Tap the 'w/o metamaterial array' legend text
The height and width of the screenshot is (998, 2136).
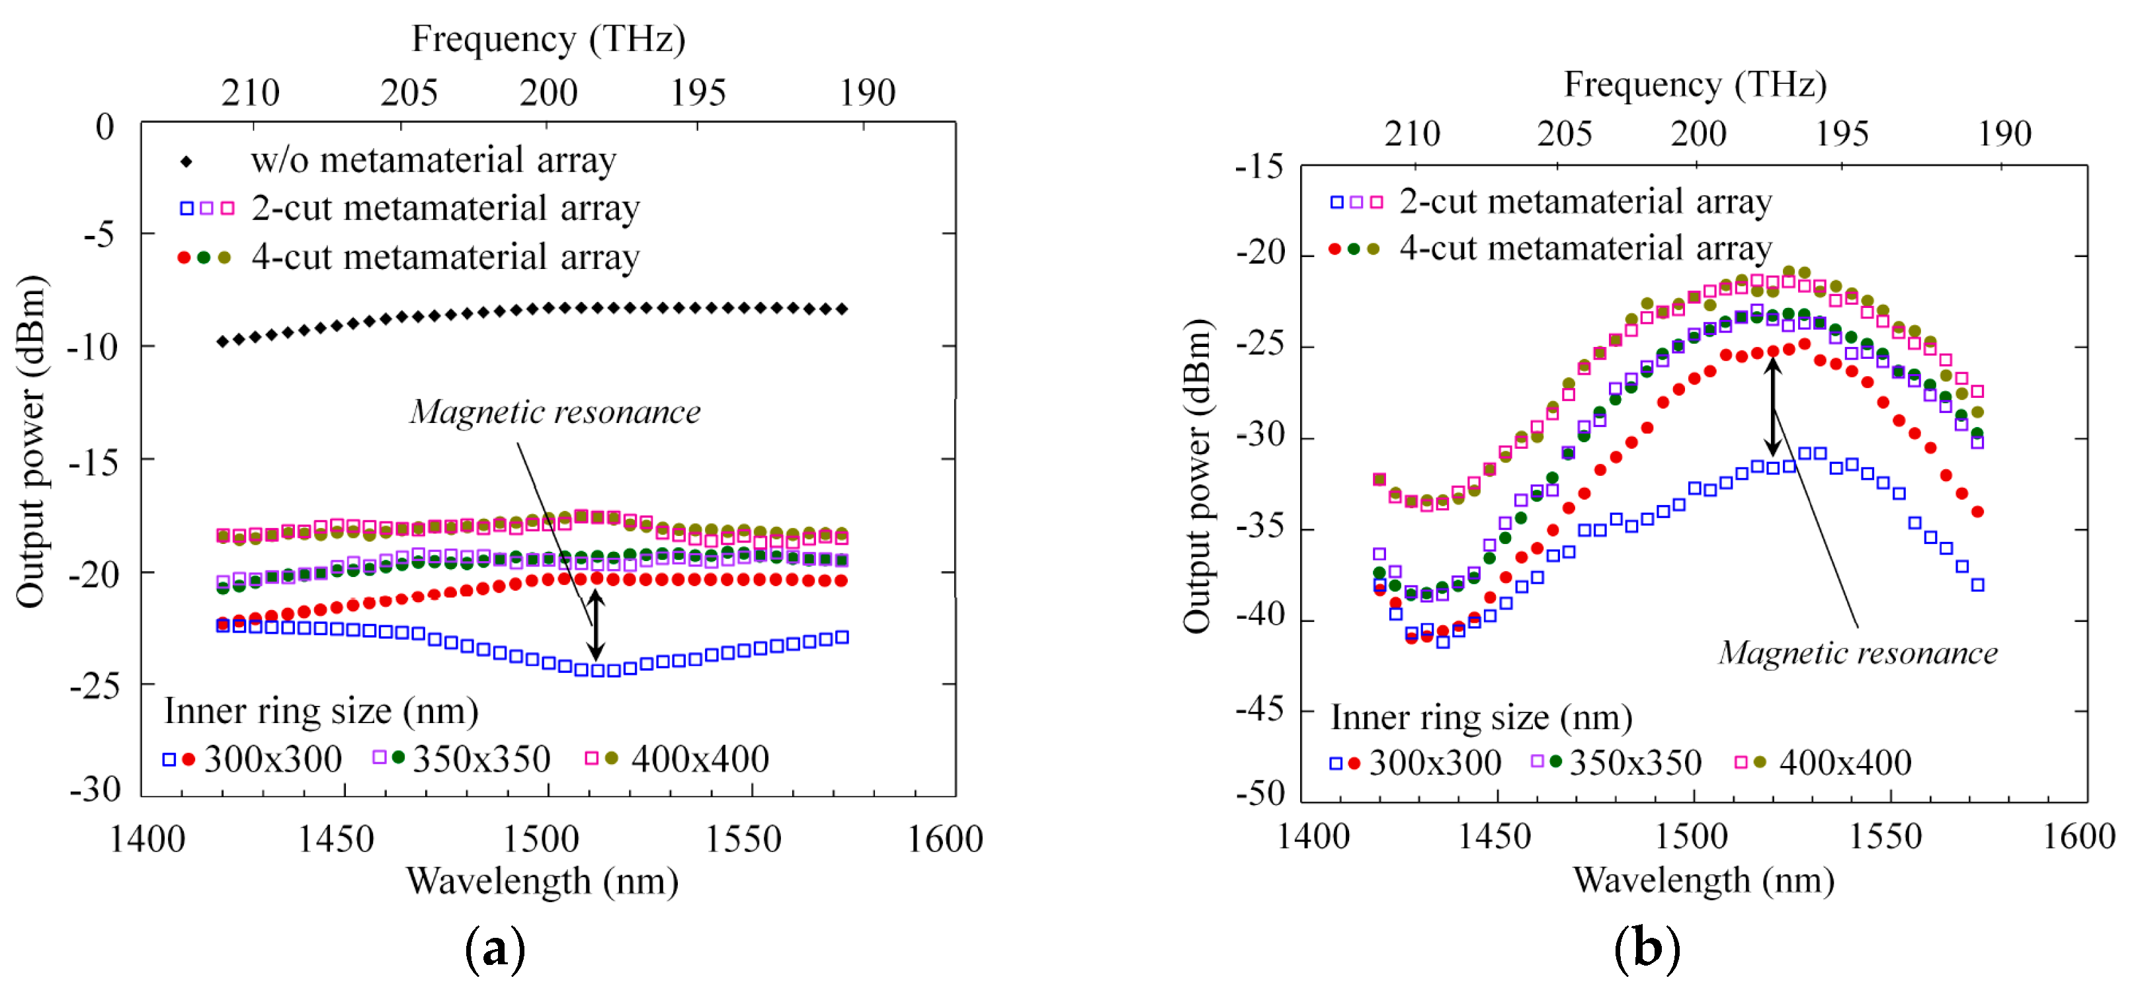(434, 160)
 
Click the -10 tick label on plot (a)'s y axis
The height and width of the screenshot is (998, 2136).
(92, 346)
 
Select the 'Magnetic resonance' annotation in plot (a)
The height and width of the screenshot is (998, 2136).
(555, 412)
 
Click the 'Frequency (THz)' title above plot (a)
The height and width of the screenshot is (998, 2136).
(548, 39)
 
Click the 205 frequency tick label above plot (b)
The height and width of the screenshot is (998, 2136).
(1564, 134)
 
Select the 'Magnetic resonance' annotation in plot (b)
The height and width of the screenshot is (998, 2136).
(1858, 653)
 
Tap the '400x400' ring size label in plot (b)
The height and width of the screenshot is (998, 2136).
(1845, 763)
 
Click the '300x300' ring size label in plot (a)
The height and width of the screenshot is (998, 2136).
(273, 759)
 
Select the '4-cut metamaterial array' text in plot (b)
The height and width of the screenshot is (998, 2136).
(1585, 248)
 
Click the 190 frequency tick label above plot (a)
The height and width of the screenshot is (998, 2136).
(868, 93)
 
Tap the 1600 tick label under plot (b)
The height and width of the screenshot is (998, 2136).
(2078, 836)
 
